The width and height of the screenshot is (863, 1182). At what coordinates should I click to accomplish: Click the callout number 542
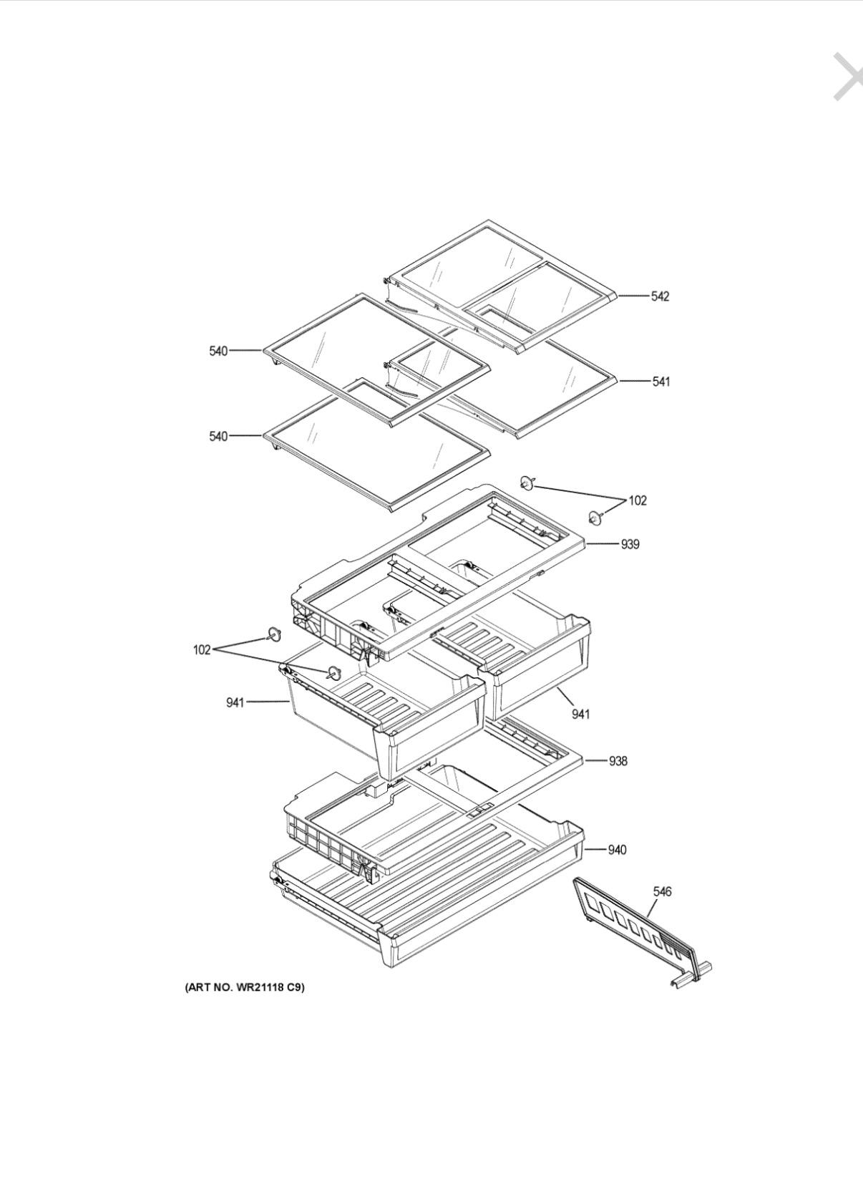tap(660, 296)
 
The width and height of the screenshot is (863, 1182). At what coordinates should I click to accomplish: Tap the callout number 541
tap(661, 382)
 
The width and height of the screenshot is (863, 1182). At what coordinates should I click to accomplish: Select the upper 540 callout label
tap(218, 351)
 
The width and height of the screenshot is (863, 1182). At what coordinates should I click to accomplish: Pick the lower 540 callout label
tap(218, 437)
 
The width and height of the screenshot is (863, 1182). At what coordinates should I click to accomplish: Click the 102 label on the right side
tap(637, 500)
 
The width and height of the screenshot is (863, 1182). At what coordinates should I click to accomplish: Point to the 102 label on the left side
tap(202, 649)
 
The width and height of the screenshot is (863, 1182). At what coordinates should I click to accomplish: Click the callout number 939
tap(630, 544)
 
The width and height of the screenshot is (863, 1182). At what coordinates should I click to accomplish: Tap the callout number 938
tap(618, 761)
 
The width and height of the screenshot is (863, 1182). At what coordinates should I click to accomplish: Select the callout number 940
tap(617, 850)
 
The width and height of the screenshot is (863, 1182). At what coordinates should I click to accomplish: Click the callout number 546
tap(662, 891)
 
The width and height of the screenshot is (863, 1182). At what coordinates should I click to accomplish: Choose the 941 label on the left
tap(235, 702)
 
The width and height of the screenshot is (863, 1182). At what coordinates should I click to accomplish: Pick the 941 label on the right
tap(581, 714)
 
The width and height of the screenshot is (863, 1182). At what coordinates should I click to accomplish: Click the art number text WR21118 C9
tap(266, 987)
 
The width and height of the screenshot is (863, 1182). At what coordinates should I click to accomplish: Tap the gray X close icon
tap(848, 77)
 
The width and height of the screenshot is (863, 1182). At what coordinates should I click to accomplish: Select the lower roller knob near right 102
tap(595, 518)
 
